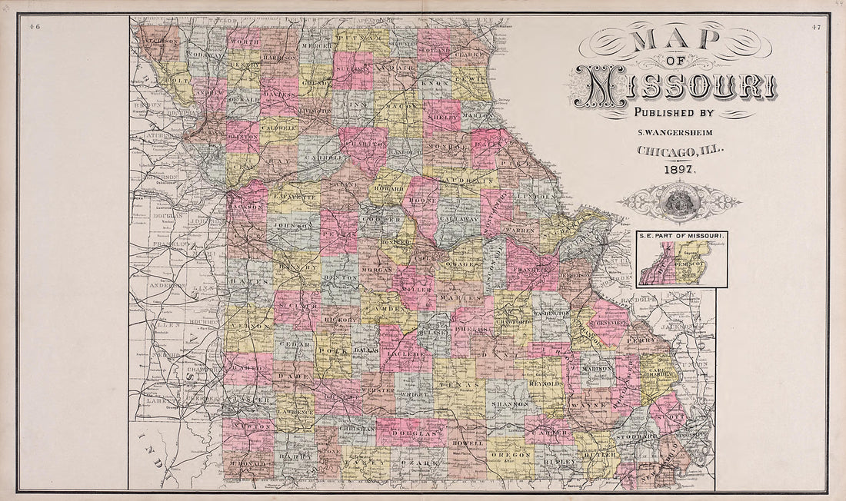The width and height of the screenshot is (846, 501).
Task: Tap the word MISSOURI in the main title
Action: click(674, 86)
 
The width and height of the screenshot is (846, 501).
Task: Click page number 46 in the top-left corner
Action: click(34, 28)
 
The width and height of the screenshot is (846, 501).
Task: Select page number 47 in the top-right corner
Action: click(815, 28)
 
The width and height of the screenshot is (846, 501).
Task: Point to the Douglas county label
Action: click(415, 435)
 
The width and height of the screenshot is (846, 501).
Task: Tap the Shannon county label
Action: click(509, 403)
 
